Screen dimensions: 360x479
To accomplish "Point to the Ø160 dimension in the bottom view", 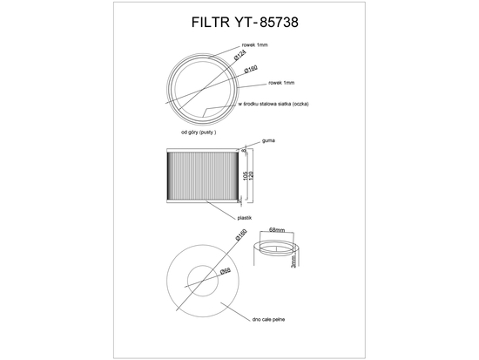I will (240, 236).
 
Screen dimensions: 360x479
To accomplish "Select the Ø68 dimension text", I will (225, 272).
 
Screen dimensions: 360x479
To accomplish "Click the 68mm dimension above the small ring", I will (278, 229).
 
